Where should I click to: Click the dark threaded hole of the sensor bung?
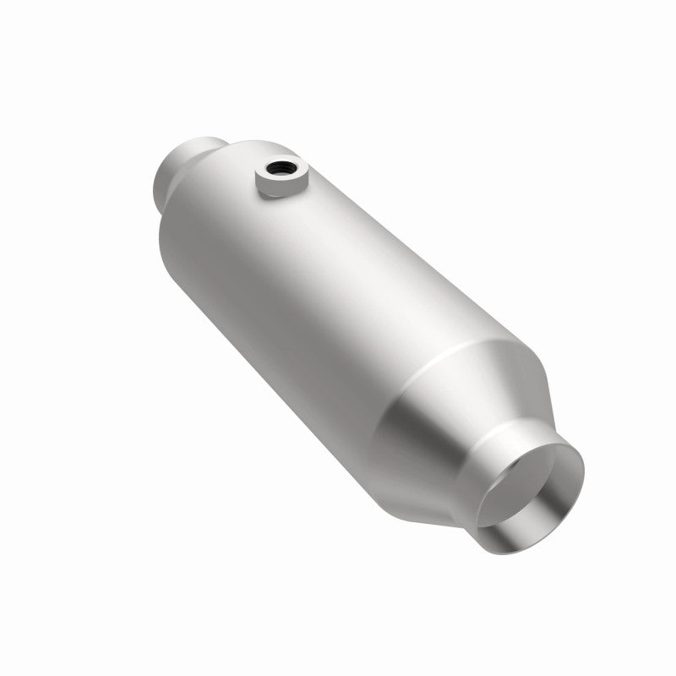[x=275, y=168]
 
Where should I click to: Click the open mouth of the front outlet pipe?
[x=532, y=490]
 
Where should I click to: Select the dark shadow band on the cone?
[x=414, y=439]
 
